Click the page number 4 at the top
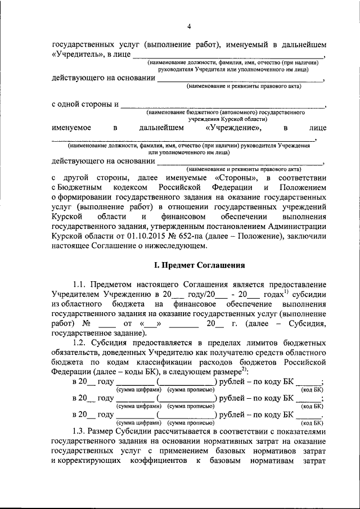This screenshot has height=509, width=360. tap(189, 26)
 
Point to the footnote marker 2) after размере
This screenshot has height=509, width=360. tap(244, 371)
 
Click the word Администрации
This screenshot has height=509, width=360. tap(294, 227)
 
